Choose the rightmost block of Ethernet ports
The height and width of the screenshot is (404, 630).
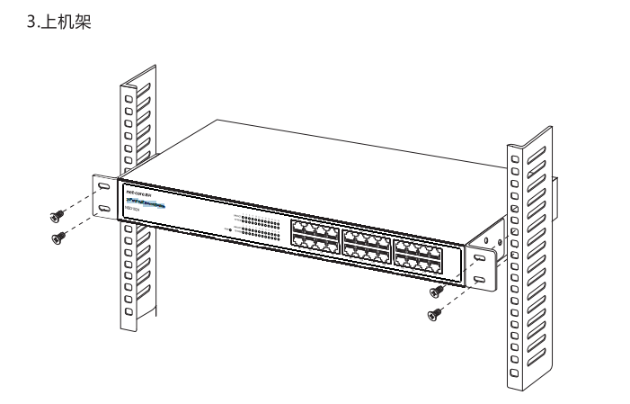pyautogui.click(x=420, y=255)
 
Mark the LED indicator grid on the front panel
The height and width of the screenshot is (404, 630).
pyautogui.click(x=261, y=226)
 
